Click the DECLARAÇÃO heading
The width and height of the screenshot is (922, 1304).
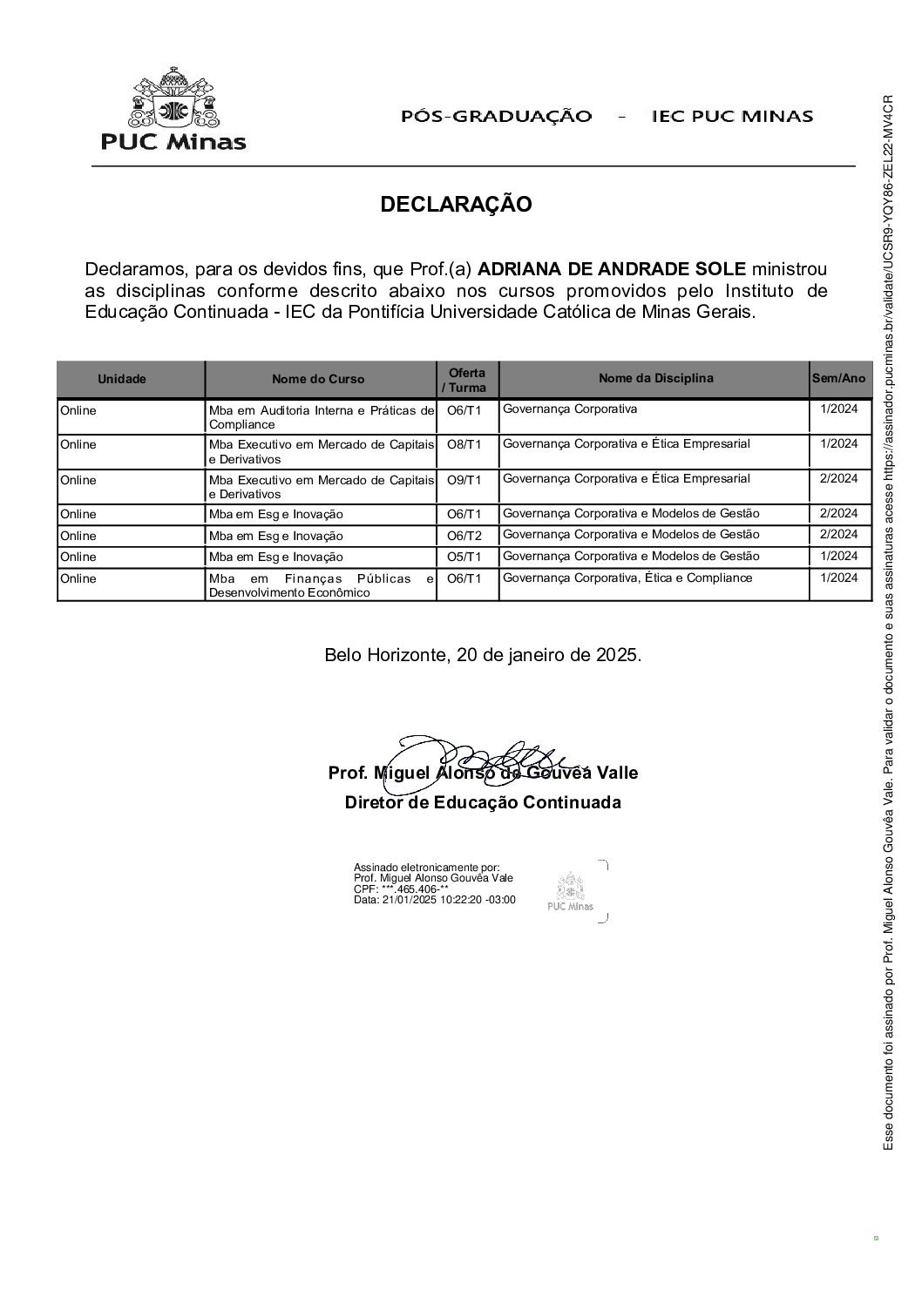(456, 205)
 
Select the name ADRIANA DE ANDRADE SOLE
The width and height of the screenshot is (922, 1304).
(613, 269)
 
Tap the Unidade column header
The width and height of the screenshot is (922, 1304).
(122, 379)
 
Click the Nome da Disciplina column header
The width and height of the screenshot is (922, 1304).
(655, 378)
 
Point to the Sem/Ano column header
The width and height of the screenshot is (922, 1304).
(838, 378)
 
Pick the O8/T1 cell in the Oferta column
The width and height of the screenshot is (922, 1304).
(464, 444)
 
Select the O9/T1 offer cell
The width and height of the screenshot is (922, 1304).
(464, 479)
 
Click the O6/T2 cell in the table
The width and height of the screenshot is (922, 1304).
(464, 535)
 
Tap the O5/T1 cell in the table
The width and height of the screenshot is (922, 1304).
(464, 557)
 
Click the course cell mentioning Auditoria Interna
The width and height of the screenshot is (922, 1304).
(320, 417)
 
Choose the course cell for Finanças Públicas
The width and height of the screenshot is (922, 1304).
(320, 585)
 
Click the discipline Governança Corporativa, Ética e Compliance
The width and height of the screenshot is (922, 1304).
(627, 578)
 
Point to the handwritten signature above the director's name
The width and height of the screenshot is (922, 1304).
(488, 757)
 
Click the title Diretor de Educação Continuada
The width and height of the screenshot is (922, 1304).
(483, 802)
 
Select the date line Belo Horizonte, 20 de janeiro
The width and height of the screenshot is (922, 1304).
(483, 655)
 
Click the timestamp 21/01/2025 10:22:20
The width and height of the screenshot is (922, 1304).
(434, 900)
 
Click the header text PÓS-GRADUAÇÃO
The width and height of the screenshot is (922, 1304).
(496, 116)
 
